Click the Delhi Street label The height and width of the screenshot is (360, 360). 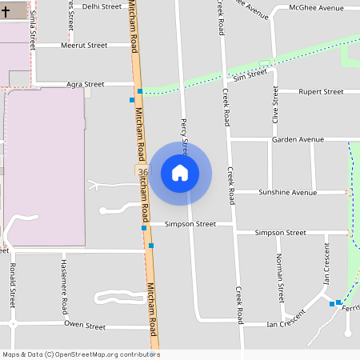102,6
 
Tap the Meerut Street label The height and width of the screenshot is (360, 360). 84,46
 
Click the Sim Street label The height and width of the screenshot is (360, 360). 250,76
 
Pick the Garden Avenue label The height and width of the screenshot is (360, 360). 298,139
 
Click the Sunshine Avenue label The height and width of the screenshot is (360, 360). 287,193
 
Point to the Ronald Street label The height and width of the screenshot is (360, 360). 12,284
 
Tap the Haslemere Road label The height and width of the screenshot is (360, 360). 65,286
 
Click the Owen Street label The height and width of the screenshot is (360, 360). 85,326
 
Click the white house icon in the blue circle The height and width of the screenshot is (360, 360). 180,173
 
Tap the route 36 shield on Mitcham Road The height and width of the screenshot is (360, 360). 142,173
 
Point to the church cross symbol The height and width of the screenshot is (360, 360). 4,12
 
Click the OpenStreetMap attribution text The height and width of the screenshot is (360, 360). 81,354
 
